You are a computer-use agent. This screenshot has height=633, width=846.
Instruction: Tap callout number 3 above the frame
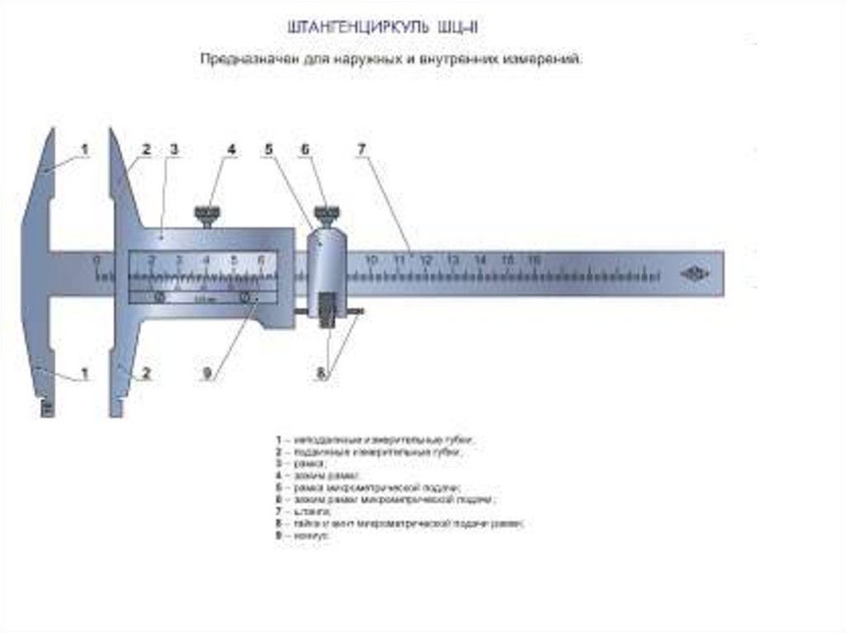point(174,149)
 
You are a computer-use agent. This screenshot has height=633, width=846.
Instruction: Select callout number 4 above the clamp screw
point(231,149)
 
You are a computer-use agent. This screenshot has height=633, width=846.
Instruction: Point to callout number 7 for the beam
point(361,149)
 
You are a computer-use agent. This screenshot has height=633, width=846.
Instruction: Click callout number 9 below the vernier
point(208,373)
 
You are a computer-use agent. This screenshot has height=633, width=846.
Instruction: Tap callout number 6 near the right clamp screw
point(305,149)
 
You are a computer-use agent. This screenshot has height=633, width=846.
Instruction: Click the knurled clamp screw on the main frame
point(207,216)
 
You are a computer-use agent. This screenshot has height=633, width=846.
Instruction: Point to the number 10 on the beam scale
point(371,260)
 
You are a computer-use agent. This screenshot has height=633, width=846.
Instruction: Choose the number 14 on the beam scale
point(480,260)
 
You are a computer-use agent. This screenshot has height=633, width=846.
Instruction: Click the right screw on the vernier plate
point(245,296)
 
